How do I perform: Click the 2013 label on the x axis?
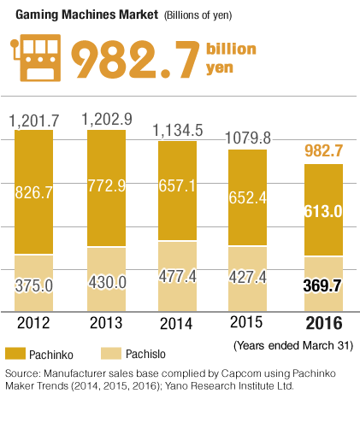point(108,323)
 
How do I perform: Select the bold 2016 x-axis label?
point(323,324)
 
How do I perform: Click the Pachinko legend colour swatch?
point(17,352)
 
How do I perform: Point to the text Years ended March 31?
point(293,345)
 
